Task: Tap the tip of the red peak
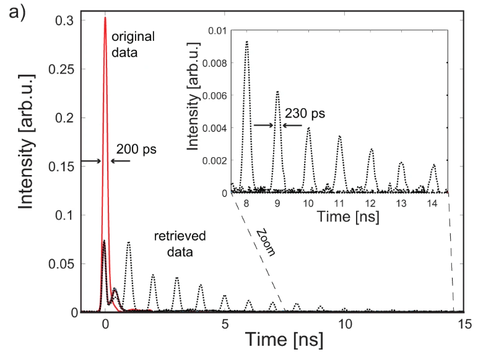[105, 18]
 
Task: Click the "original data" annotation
[133, 45]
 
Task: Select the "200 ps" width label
[136, 150]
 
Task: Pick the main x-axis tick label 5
[225, 324]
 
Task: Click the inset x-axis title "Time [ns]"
[340, 217]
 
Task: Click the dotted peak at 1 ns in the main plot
[129, 242]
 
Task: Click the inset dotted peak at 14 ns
[433, 165]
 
